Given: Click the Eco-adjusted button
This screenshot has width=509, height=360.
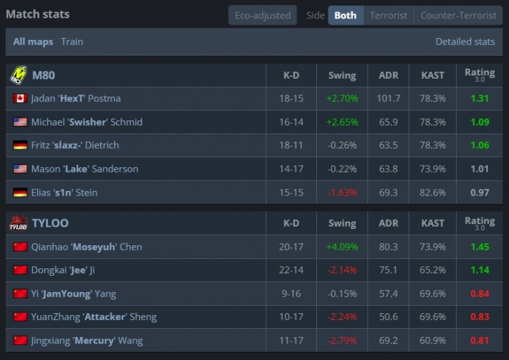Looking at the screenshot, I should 263,15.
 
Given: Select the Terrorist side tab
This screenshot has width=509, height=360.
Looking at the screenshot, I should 388,15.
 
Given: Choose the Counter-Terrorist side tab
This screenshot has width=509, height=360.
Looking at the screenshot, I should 458,15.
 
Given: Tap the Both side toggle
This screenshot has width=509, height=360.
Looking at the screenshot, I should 345,15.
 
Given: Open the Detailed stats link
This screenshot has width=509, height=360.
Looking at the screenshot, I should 465,41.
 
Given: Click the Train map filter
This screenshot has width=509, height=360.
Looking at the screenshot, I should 72,41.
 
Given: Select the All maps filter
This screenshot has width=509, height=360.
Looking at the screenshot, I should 33,41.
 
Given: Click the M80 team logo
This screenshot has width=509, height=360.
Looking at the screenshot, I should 18,75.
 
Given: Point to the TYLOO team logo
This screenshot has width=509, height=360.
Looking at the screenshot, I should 18,223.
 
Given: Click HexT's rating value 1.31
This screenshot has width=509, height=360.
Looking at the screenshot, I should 480,98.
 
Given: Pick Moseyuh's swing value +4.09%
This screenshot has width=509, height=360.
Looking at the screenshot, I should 342,247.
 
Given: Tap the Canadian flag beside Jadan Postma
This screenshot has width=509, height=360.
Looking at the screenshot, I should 20,98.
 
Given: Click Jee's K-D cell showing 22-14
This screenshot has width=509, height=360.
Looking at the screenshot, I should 291,270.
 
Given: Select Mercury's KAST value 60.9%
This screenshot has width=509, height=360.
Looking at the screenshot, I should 432,340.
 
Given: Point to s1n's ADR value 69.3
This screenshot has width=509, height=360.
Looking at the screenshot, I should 388,192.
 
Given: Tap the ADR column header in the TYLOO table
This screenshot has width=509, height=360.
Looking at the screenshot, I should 388,223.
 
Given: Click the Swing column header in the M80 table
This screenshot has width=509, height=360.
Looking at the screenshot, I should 342,75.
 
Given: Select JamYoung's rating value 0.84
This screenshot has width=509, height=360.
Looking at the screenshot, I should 480,293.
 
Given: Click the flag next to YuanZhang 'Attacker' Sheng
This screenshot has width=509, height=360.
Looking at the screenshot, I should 20,317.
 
